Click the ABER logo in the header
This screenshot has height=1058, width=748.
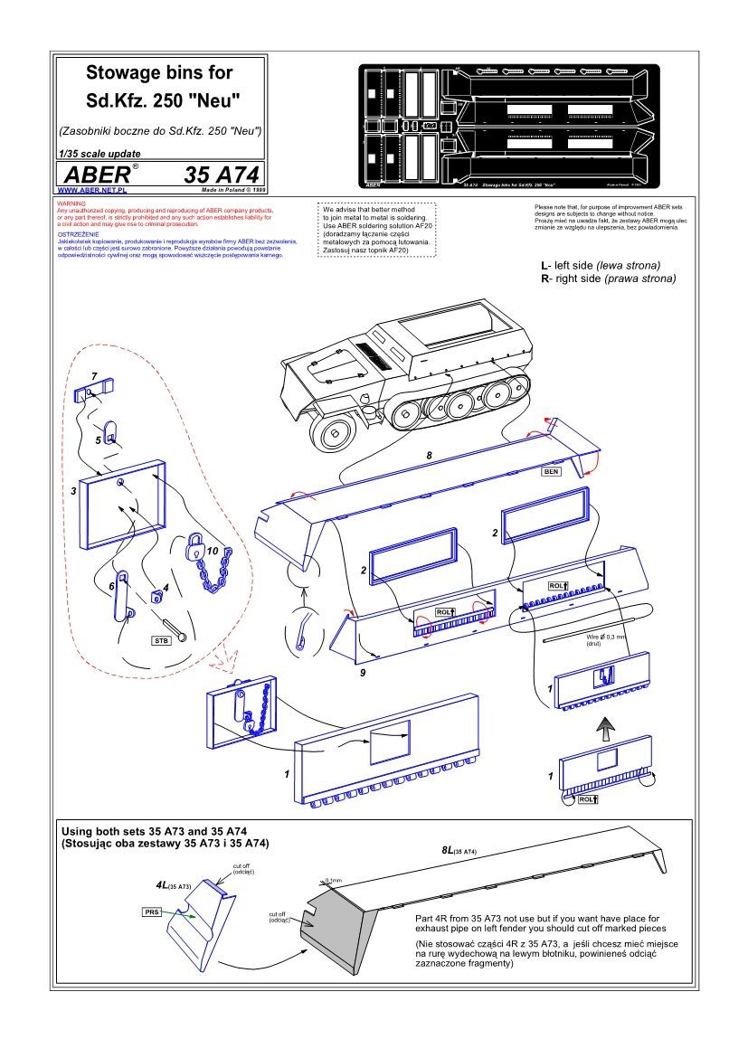click(x=94, y=175)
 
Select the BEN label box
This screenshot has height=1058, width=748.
click(x=552, y=472)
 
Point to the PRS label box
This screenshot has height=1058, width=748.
click(x=151, y=912)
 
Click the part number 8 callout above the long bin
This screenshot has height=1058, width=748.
click(x=430, y=456)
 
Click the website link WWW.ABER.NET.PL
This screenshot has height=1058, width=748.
click(x=91, y=191)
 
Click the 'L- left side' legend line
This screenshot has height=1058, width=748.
click(x=600, y=266)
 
